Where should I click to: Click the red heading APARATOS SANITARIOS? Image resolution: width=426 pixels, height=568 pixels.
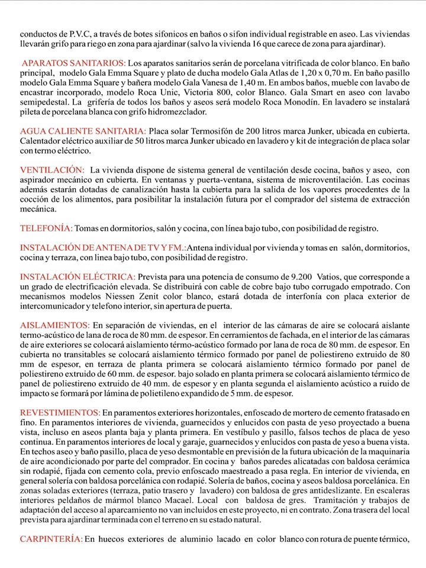coord(73,63)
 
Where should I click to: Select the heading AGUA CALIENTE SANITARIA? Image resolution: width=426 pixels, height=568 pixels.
coord(83,130)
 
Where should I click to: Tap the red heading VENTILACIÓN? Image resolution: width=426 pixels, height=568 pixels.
coord(52,170)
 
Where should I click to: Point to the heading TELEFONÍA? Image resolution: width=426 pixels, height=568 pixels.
coord(46,228)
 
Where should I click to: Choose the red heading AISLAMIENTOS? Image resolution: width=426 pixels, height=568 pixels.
coord(55,325)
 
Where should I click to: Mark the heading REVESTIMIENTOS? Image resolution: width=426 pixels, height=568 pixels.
coord(60,412)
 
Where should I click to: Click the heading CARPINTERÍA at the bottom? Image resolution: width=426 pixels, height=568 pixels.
coord(51,539)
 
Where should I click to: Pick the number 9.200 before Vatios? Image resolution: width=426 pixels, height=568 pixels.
coord(301,277)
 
